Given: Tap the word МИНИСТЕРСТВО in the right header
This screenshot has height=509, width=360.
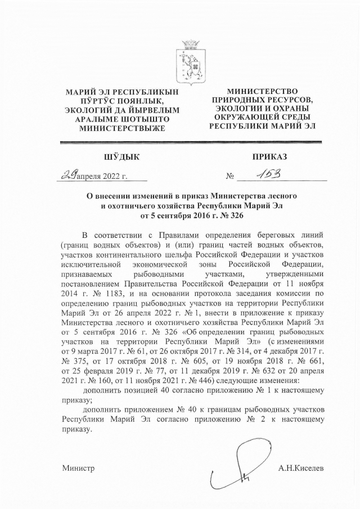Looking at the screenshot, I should pos(262,91).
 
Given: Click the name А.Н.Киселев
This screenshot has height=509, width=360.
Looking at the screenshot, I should pos(301,468).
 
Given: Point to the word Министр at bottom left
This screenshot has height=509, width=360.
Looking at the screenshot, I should pos(78,468).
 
